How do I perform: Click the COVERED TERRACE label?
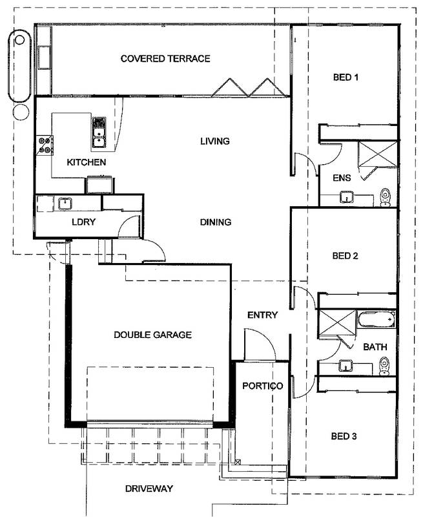(x=165, y=59)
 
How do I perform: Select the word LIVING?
(x=215, y=141)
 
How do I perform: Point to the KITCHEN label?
(x=86, y=162)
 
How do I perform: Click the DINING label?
(x=215, y=222)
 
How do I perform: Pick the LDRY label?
(x=84, y=222)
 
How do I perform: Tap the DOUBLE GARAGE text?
(x=152, y=335)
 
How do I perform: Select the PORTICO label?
(x=262, y=386)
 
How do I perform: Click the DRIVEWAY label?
(x=149, y=489)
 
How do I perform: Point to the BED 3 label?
(x=345, y=436)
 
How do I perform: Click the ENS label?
(x=341, y=178)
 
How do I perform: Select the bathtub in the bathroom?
(x=376, y=318)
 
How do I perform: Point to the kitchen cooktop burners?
(x=46, y=144)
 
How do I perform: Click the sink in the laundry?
(x=65, y=204)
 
